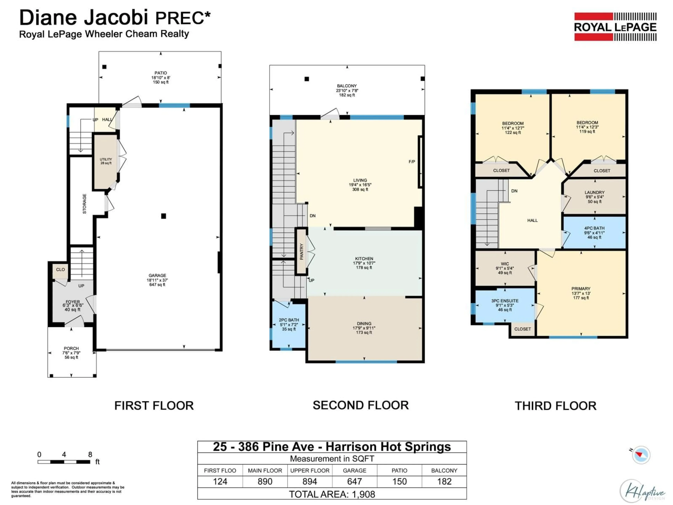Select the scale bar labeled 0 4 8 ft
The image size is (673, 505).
pos(64,462)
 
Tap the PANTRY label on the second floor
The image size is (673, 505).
pos(301,251)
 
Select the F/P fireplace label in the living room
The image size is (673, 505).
pos(412,162)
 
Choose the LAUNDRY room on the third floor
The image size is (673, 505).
pos(594,197)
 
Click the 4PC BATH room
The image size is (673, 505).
pos(594,233)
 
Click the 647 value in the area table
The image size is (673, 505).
pos(354,481)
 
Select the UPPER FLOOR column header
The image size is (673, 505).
pos(310,470)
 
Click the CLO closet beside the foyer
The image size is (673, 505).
pos(60,270)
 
